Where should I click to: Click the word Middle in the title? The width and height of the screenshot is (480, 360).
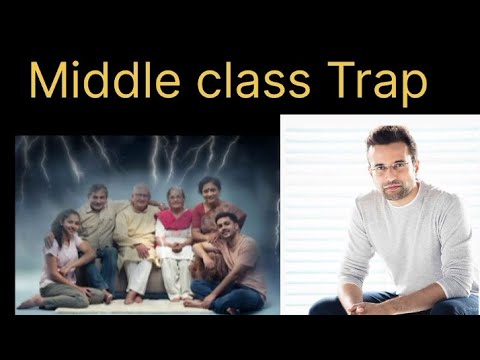101,83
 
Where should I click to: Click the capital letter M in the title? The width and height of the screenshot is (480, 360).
47,82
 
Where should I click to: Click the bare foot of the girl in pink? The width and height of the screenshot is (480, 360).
105,296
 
